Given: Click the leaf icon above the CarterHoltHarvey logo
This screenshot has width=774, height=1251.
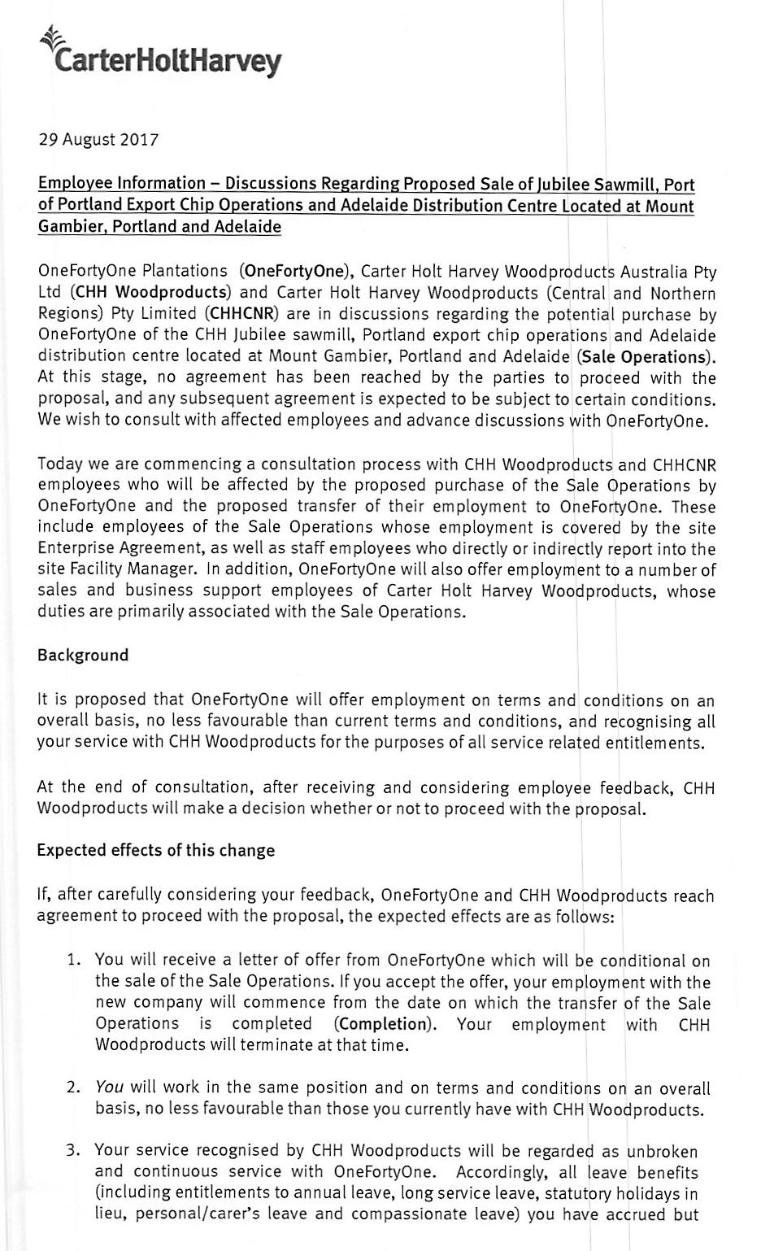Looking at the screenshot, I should (x=51, y=36).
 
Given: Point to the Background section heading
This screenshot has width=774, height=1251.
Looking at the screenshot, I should (x=83, y=656).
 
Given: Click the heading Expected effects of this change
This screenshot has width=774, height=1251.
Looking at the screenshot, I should (x=156, y=851).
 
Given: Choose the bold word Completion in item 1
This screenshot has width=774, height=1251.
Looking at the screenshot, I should (x=382, y=1024).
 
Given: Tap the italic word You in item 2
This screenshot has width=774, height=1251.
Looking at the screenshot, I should (x=109, y=1088).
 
